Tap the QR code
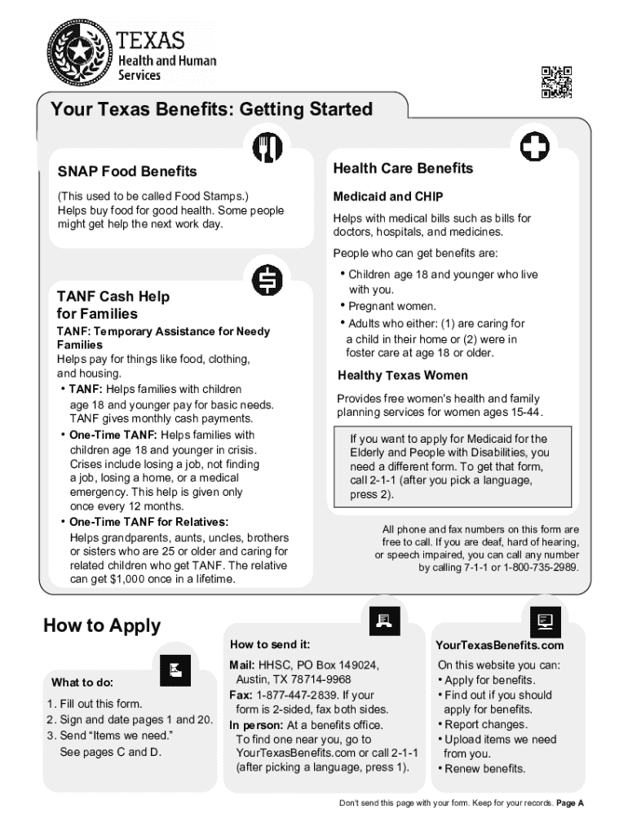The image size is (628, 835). pyautogui.click(x=555, y=82)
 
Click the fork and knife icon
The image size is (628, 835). pyautogui.click(x=268, y=147)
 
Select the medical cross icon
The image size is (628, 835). pyautogui.click(x=533, y=146)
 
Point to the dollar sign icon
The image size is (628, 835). pyautogui.click(x=268, y=280)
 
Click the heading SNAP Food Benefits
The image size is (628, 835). pyautogui.click(x=127, y=171)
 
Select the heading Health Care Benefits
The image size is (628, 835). pyautogui.click(x=403, y=168)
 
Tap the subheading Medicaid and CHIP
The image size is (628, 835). pyautogui.click(x=388, y=197)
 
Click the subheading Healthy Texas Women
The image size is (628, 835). pyautogui.click(x=403, y=375)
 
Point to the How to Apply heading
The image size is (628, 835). pyautogui.click(x=102, y=625)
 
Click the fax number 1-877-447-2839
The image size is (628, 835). pyautogui.click(x=297, y=695)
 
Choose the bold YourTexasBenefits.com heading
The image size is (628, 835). pyautogui.click(x=500, y=645)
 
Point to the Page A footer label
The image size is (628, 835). pyautogui.click(x=570, y=803)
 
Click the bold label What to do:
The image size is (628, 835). pyautogui.click(x=82, y=682)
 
